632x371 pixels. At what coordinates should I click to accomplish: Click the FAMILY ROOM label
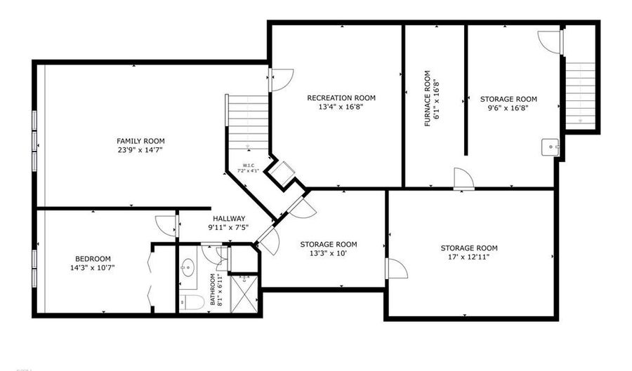click(x=140, y=141)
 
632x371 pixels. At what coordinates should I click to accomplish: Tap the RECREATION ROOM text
click(x=341, y=98)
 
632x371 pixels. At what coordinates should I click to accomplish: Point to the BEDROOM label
click(x=93, y=259)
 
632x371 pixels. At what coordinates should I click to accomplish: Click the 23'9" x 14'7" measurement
click(x=140, y=150)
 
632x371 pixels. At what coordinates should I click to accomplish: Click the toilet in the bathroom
click(x=191, y=302)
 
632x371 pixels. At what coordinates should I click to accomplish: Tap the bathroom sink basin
click(x=188, y=267)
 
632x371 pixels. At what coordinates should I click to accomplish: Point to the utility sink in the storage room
click(x=551, y=147)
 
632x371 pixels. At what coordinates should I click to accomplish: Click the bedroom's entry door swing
click(x=166, y=225)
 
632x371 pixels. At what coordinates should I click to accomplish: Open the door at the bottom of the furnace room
click(x=463, y=179)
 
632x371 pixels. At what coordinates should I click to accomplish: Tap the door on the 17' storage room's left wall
click(x=396, y=269)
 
